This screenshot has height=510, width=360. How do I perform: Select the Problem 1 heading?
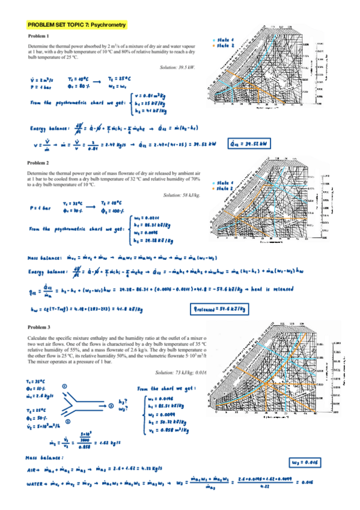(x=38, y=37)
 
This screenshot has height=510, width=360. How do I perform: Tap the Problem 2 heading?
(x=38, y=162)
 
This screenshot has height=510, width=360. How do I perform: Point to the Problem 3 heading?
(x=38, y=325)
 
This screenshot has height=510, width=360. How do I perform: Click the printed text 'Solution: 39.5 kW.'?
(x=177, y=67)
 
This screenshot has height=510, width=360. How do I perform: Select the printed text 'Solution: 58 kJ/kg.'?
(x=181, y=195)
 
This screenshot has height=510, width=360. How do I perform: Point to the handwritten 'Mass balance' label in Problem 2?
(x=46, y=257)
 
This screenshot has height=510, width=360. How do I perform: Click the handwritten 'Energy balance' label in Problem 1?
(x=49, y=127)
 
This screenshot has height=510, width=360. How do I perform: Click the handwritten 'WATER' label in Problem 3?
(x=37, y=484)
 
